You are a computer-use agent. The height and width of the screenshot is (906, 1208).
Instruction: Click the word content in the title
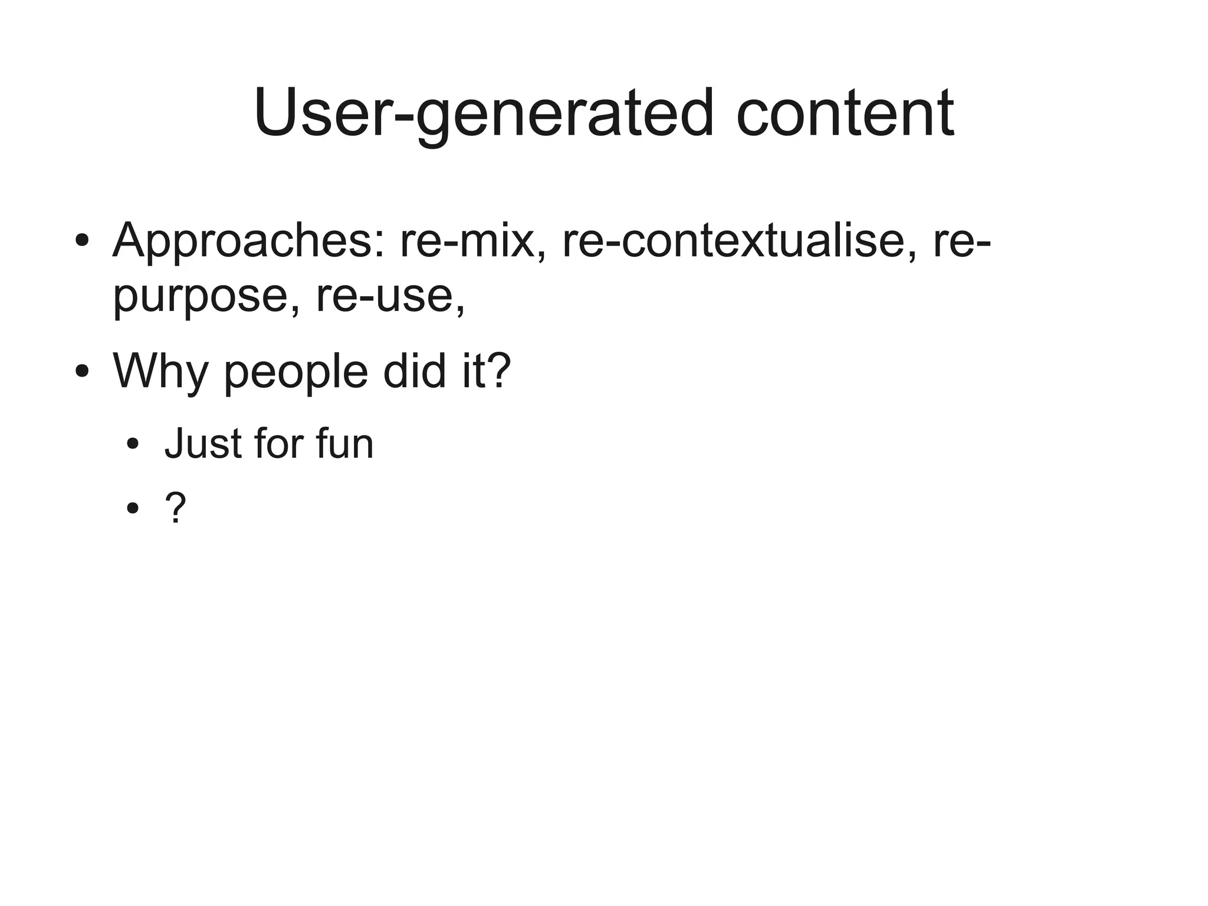(x=845, y=113)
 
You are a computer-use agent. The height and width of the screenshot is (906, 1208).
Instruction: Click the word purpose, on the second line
(x=206, y=296)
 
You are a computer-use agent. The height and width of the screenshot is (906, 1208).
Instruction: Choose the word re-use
(x=390, y=296)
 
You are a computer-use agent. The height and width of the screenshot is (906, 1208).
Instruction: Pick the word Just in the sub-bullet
(x=202, y=444)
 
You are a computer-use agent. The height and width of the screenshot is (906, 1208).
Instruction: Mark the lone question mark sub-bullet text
(x=176, y=507)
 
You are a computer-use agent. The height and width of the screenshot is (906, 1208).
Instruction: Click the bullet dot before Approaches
(x=82, y=241)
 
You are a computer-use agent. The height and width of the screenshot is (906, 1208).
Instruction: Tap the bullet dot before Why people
(x=82, y=372)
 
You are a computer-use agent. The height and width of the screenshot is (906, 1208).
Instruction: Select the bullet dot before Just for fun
(x=133, y=444)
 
